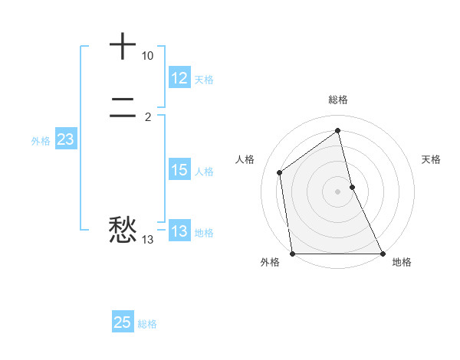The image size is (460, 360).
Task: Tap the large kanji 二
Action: click(x=123, y=111)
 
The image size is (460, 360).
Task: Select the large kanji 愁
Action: click(x=123, y=229)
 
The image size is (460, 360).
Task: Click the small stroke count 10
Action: click(x=147, y=56)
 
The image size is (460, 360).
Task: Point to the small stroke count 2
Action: click(x=147, y=116)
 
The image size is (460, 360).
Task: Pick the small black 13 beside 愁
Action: click(x=147, y=240)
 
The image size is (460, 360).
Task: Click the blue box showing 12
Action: click(x=179, y=78)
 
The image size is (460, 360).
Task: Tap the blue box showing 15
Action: click(x=179, y=170)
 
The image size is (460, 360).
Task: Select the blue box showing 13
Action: click(x=179, y=231)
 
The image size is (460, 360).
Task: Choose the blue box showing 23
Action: click(x=65, y=139)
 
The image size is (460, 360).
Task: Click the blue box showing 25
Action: click(x=123, y=322)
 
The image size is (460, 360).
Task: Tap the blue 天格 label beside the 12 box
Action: click(x=204, y=79)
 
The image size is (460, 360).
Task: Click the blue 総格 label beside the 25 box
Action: click(x=147, y=324)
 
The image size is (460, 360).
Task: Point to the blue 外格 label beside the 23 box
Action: click(x=41, y=141)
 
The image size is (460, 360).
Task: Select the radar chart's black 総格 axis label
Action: click(x=338, y=100)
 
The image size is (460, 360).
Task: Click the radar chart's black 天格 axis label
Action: click(x=432, y=159)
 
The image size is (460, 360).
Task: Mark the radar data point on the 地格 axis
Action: click(x=382, y=254)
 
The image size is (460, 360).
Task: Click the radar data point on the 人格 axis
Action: click(x=280, y=172)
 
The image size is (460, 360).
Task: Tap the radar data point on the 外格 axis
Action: click(x=293, y=254)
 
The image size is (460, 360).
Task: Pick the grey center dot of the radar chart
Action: click(x=338, y=191)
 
